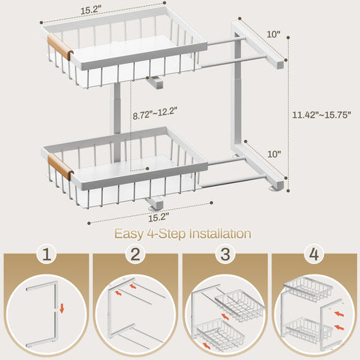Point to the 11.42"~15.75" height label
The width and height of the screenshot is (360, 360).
click(x=322, y=115)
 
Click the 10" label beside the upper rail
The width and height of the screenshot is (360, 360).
click(x=272, y=34)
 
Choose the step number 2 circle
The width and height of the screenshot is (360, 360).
click(x=135, y=254)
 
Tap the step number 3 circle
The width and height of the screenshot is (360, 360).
click(x=224, y=254)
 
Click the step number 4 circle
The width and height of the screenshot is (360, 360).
click(x=313, y=254)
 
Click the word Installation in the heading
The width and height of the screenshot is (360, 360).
click(x=212, y=234)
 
